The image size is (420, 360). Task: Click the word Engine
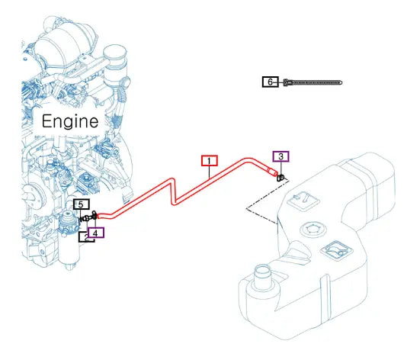(x=70, y=121)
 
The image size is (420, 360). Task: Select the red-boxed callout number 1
(x=210, y=161)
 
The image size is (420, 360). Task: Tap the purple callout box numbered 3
(x=281, y=156)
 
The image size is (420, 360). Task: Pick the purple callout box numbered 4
(x=95, y=233)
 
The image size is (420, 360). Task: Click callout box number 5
(x=82, y=204)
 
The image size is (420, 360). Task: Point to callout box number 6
(x=271, y=82)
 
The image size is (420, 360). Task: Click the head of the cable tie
(x=286, y=82)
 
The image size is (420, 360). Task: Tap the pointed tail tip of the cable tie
(x=341, y=82)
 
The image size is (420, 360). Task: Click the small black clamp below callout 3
(x=281, y=178)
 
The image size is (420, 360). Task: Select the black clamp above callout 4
(x=95, y=215)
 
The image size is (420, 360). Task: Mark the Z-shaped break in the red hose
(x=173, y=191)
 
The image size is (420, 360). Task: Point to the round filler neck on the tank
(x=263, y=278)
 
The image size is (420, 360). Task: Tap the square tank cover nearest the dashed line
(x=303, y=201)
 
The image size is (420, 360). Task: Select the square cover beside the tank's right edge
(x=337, y=251)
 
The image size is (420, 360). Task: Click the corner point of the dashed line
(x=246, y=208)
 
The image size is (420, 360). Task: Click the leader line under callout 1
(x=209, y=172)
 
